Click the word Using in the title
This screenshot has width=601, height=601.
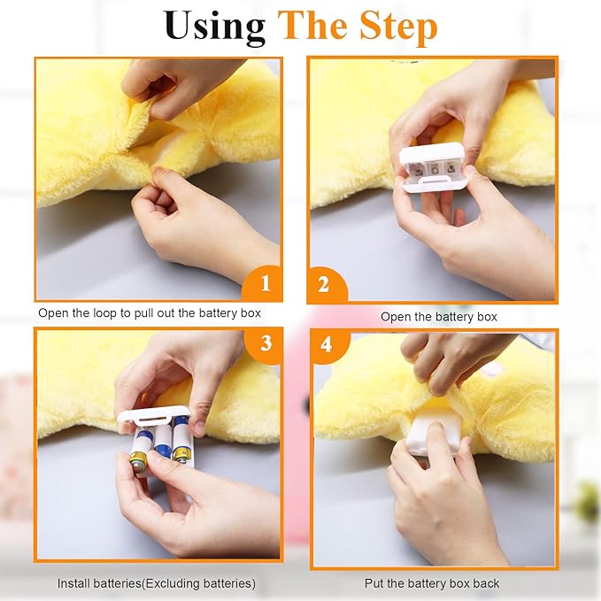[x=214, y=27]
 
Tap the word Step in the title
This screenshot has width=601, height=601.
[x=398, y=27]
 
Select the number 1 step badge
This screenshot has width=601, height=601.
[x=263, y=283]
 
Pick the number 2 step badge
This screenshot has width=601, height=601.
[x=327, y=284]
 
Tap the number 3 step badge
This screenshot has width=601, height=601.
[x=264, y=343]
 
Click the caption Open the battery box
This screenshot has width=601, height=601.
[x=439, y=317]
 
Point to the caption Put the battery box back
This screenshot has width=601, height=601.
[x=432, y=583]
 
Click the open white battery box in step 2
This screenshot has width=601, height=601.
[x=432, y=167]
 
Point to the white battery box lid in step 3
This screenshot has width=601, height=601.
[x=153, y=415]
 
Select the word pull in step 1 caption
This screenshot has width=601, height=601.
[x=143, y=313]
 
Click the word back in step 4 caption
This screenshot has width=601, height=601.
[x=487, y=583]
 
